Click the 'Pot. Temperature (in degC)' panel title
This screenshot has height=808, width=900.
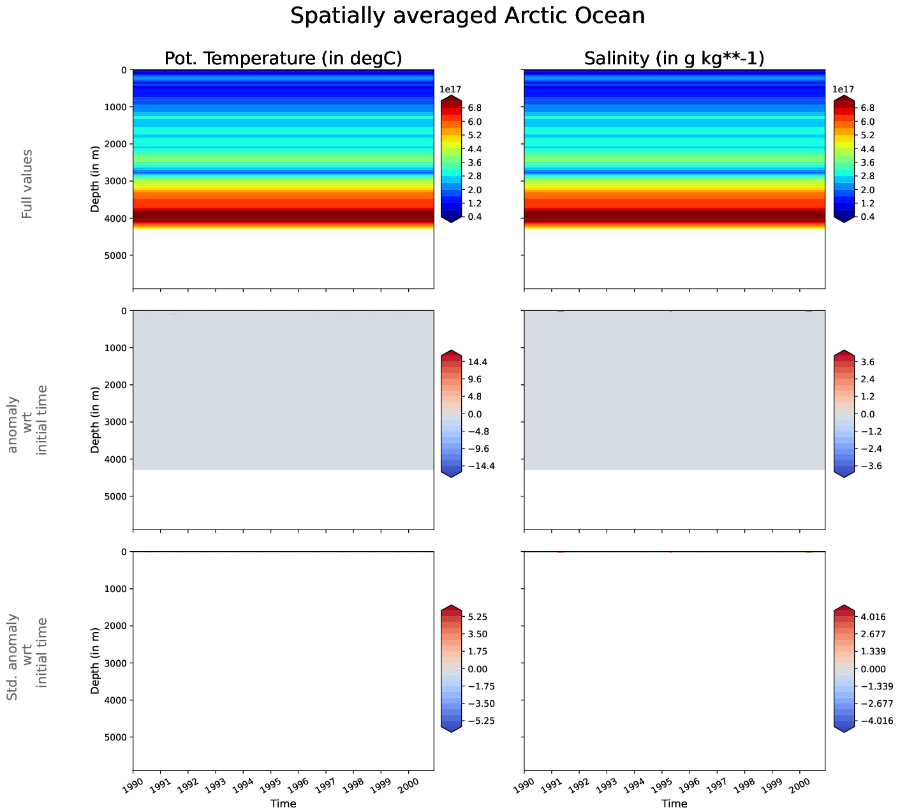(x=283, y=59)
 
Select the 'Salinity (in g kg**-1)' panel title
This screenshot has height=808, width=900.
(x=674, y=59)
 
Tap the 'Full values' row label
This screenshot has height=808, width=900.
(x=27, y=184)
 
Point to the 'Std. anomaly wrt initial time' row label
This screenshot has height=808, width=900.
(x=27, y=658)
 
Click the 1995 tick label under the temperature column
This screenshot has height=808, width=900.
(x=270, y=782)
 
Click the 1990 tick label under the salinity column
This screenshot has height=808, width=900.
(x=523, y=782)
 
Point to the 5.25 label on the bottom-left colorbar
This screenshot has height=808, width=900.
(x=478, y=617)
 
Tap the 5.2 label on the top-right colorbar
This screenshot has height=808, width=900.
(x=866, y=135)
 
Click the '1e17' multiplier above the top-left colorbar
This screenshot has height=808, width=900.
(x=451, y=90)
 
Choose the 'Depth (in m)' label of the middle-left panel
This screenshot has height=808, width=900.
(x=95, y=420)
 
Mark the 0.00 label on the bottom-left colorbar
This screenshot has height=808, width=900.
(x=478, y=669)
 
